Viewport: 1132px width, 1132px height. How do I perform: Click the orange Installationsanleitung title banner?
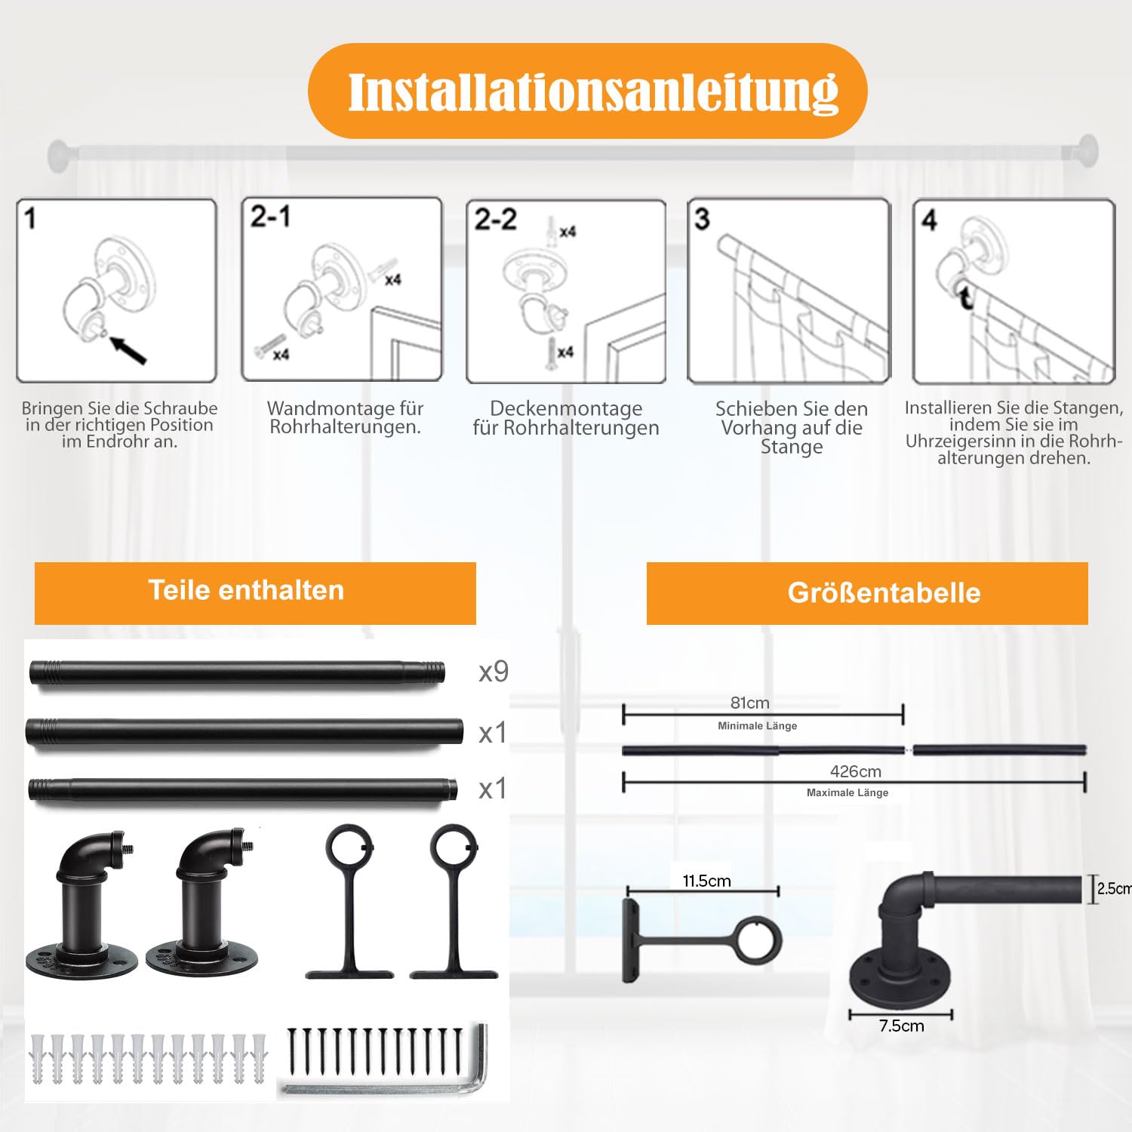(587, 91)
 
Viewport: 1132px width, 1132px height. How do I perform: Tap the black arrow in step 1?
(128, 350)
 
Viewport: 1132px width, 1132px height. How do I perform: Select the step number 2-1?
(270, 217)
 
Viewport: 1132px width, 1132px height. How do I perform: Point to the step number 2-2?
(495, 220)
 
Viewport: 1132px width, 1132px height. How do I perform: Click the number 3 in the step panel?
(702, 219)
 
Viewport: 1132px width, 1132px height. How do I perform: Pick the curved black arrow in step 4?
(965, 296)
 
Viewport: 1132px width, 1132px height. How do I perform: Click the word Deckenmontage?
(566, 408)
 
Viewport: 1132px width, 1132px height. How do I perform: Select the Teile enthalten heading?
(246, 590)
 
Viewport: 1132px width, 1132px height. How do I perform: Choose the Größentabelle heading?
(884, 592)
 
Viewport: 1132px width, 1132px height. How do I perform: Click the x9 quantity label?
(494, 671)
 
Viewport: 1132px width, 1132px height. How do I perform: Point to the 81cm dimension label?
(750, 703)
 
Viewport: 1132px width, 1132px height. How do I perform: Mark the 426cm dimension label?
(856, 771)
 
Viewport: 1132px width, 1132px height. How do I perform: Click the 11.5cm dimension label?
(706, 881)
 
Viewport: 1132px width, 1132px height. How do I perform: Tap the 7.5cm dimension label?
(901, 1026)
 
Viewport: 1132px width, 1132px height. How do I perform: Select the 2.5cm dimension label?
(1114, 888)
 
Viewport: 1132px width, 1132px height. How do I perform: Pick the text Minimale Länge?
(757, 726)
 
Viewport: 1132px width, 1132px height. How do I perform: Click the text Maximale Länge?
(847, 792)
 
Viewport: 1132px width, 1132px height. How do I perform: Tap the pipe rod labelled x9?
(237, 672)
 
